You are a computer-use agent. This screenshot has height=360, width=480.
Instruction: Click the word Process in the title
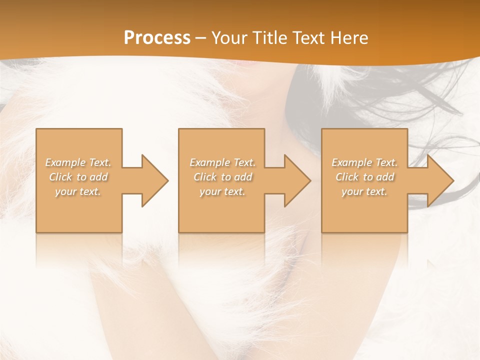pyautogui.click(x=157, y=38)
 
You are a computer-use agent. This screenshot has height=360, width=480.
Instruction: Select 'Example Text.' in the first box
pyautogui.click(x=78, y=162)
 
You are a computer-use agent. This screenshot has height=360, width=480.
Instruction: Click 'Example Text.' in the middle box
pyautogui.click(x=222, y=162)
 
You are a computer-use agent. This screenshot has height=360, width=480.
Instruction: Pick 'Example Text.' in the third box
pyautogui.click(x=364, y=162)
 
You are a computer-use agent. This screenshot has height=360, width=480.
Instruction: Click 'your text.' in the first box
pyautogui.click(x=78, y=191)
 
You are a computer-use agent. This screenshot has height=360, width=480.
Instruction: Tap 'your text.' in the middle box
pyautogui.click(x=222, y=191)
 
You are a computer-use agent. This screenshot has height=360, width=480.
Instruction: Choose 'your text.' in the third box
pyautogui.click(x=364, y=191)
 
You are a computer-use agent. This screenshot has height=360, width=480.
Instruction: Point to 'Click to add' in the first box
pyautogui.click(x=78, y=177)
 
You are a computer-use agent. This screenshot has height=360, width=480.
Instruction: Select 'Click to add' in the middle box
pyautogui.click(x=222, y=177)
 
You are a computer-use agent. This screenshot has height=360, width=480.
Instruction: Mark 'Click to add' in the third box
pyautogui.click(x=364, y=177)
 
